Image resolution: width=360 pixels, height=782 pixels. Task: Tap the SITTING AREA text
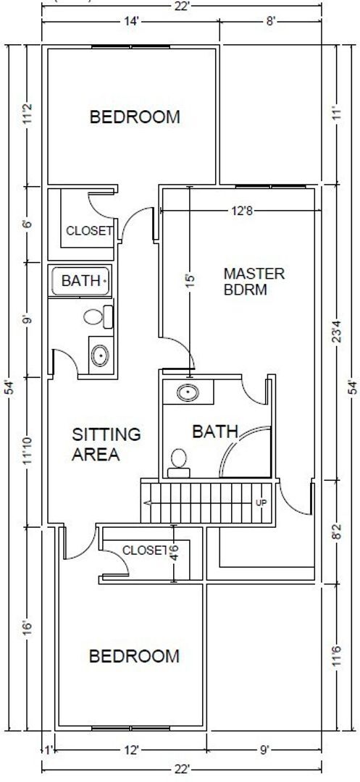pyautogui.click(x=106, y=445)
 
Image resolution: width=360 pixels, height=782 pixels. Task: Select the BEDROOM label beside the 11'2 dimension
pyautogui.click(x=134, y=117)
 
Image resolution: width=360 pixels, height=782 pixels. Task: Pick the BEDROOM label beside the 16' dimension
pyautogui.click(x=134, y=656)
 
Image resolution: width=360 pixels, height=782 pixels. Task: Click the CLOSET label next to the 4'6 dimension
pyautogui.click(x=145, y=550)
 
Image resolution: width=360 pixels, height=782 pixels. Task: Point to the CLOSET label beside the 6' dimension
pyautogui.click(x=89, y=231)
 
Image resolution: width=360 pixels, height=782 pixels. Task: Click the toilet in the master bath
pyautogui.click(x=177, y=461)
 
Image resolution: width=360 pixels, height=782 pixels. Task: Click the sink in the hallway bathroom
pyautogui.click(x=100, y=355)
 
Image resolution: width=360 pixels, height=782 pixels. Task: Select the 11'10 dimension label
pyautogui.click(x=28, y=452)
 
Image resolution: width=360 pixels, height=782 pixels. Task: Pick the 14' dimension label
pyautogui.click(x=131, y=22)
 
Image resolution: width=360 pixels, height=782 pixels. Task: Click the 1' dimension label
pyautogui.click(x=48, y=749)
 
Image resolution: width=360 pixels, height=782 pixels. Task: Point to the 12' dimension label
pyautogui.click(x=131, y=749)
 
